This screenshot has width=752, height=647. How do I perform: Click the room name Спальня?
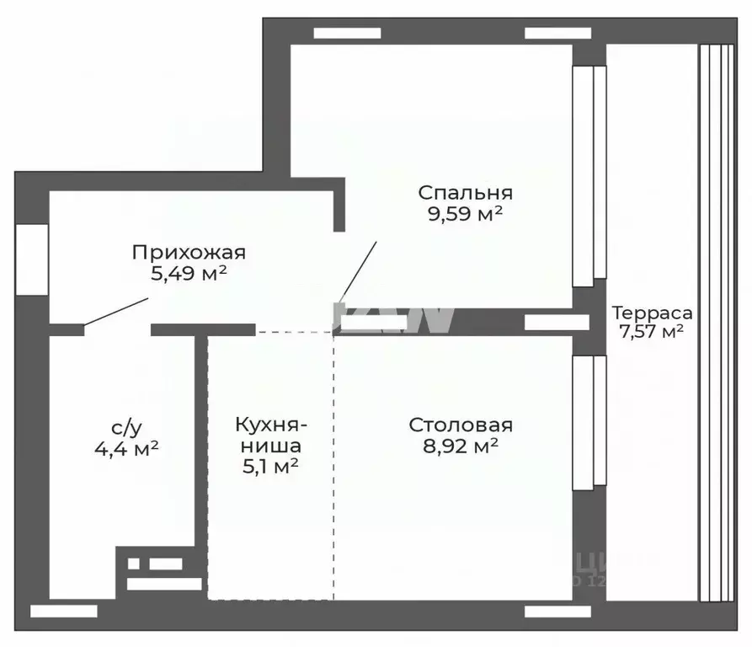(x=465, y=192)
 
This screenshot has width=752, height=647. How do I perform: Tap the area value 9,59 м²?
(x=465, y=214)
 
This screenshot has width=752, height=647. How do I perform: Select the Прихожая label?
(x=188, y=252)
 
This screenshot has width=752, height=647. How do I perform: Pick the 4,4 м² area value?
(x=126, y=448)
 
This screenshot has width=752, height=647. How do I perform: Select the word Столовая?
(x=461, y=425)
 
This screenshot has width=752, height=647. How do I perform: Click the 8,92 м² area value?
(x=461, y=446)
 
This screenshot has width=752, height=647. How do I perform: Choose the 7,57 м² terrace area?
(x=651, y=332)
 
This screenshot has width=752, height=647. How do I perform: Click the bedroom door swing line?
(x=357, y=271)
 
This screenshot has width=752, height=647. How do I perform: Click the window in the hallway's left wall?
(x=32, y=259)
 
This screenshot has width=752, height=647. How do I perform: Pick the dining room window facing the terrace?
(x=589, y=421)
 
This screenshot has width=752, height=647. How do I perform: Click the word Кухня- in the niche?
(x=271, y=424)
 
